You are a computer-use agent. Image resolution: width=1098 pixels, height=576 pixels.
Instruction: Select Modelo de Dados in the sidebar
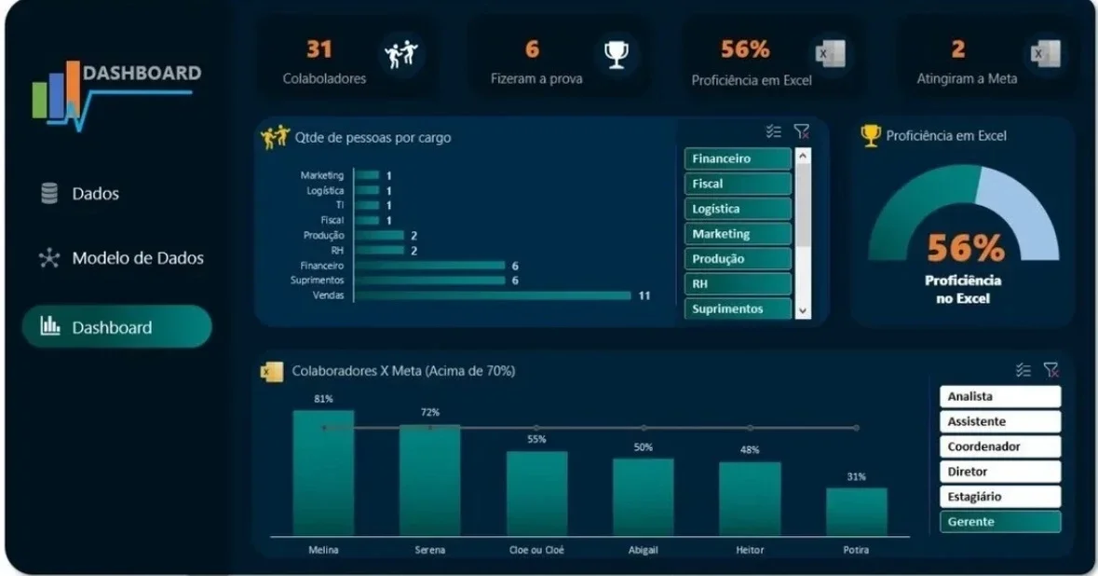(121, 258)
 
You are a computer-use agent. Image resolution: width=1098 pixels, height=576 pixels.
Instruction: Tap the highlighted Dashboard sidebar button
(117, 326)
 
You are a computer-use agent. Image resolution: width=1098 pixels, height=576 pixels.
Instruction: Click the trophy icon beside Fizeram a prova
(617, 54)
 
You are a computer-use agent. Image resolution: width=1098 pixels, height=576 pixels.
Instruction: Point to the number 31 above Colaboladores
(319, 48)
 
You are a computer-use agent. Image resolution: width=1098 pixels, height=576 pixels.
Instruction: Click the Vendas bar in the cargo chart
(493, 295)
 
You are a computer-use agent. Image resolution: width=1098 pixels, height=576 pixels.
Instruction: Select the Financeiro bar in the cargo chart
(429, 266)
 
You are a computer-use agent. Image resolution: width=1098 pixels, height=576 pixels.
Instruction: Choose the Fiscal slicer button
(738, 184)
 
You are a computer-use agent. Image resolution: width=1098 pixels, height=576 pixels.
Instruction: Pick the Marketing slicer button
(738, 234)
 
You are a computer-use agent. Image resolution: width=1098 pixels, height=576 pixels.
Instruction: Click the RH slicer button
(738, 283)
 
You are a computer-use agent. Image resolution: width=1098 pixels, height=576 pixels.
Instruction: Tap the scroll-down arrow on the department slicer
(803, 310)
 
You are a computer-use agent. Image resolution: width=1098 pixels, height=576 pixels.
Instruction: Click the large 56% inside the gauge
(966, 247)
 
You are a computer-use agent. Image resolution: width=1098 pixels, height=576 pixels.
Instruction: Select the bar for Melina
(323, 473)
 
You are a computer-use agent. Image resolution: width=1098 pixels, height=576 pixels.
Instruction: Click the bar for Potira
(857, 513)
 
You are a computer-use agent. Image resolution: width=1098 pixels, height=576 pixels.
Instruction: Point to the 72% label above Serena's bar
(430, 412)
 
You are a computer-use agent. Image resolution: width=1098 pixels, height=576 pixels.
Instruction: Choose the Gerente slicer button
(1000, 521)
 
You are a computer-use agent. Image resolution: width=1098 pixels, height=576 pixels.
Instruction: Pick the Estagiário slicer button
(1000, 496)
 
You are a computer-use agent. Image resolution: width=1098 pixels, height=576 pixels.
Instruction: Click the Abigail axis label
(643, 550)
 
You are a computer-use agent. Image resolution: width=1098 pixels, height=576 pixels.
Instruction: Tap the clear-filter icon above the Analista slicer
(1051, 369)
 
